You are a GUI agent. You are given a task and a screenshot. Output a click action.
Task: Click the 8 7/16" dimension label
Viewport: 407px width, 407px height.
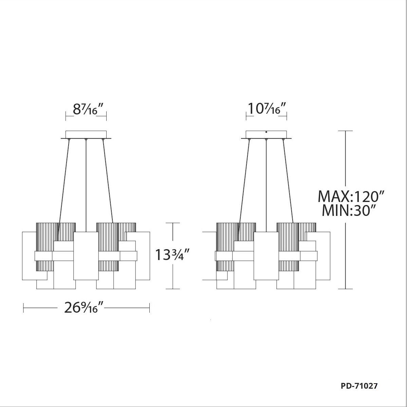pyautogui.click(x=86, y=110)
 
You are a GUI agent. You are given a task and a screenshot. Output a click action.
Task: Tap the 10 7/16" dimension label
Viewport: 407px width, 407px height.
pyautogui.click(x=266, y=110)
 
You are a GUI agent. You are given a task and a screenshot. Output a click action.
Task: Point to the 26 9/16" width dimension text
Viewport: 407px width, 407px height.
pyautogui.click(x=84, y=308)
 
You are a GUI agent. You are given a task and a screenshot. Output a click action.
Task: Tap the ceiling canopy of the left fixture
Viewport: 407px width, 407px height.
pyautogui.click(x=86, y=134)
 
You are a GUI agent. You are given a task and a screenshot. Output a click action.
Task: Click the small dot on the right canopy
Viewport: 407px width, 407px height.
pyautogui.click(x=266, y=132)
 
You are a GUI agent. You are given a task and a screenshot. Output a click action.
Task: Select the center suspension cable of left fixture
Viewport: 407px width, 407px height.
pyautogui.click(x=86, y=183)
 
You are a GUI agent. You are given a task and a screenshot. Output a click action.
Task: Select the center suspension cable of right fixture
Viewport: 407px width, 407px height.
pyautogui.click(x=266, y=183)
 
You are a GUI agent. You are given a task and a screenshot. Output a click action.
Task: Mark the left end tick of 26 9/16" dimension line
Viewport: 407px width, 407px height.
pyautogui.click(x=23, y=308)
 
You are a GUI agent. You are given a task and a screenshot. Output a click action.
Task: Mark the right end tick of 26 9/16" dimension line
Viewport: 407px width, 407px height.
pyautogui.click(x=149, y=308)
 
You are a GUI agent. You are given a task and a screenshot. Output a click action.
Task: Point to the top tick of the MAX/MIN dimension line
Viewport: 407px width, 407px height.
pyautogui.click(x=345, y=131)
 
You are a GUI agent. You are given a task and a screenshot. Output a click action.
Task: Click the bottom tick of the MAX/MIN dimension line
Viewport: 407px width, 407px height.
pyautogui.click(x=345, y=289)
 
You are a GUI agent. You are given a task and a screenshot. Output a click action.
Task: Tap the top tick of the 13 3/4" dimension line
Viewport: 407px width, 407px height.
pyautogui.click(x=173, y=223)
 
